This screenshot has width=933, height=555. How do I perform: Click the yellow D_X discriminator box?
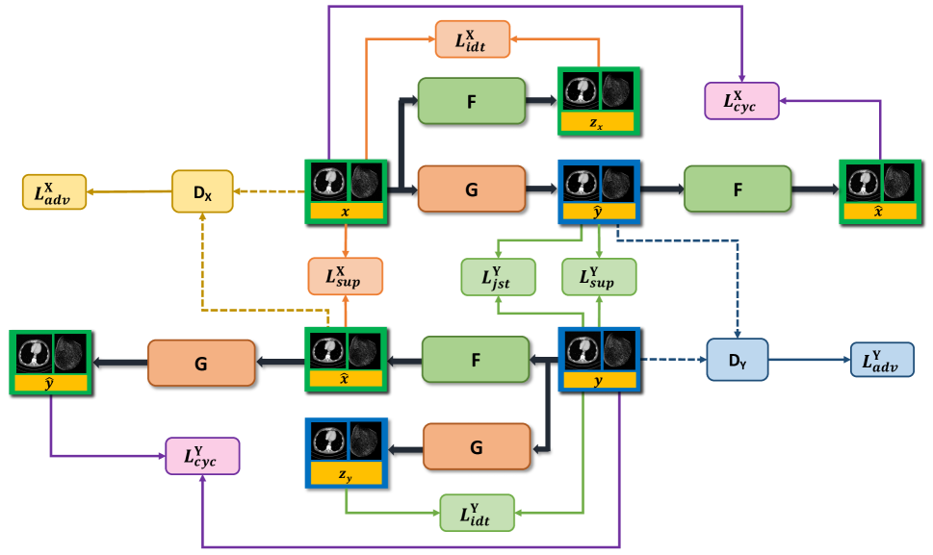pyautogui.click(x=202, y=191)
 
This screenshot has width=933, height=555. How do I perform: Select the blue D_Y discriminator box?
pyautogui.click(x=738, y=359)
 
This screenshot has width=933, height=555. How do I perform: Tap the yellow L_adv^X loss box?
pyautogui.click(x=54, y=192)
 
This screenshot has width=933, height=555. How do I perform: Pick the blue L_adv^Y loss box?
pyautogui.click(x=881, y=359)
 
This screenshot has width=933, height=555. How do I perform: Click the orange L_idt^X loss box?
pyautogui.click(x=472, y=39)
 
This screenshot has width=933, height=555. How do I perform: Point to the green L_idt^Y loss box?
pyautogui.click(x=478, y=512)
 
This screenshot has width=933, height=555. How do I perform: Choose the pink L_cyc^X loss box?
pyautogui.click(x=742, y=100)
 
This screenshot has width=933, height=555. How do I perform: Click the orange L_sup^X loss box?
pyautogui.click(x=346, y=276)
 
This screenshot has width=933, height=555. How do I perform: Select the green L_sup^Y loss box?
pyautogui.click(x=599, y=276)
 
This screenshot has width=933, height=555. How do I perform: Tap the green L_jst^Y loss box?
pyautogui.click(x=498, y=276)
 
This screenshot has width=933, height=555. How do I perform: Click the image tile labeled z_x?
pyautogui.click(x=597, y=101)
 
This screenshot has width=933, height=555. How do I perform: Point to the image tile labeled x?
pyautogui.click(x=346, y=191)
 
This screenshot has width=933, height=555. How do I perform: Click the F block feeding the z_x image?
pyautogui.click(x=472, y=100)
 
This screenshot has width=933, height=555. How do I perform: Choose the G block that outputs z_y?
pyautogui.click(x=477, y=447)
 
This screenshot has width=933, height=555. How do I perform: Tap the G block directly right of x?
pyautogui.click(x=472, y=189)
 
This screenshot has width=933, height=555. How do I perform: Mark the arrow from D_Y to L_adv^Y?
pyautogui.click(x=810, y=359)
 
